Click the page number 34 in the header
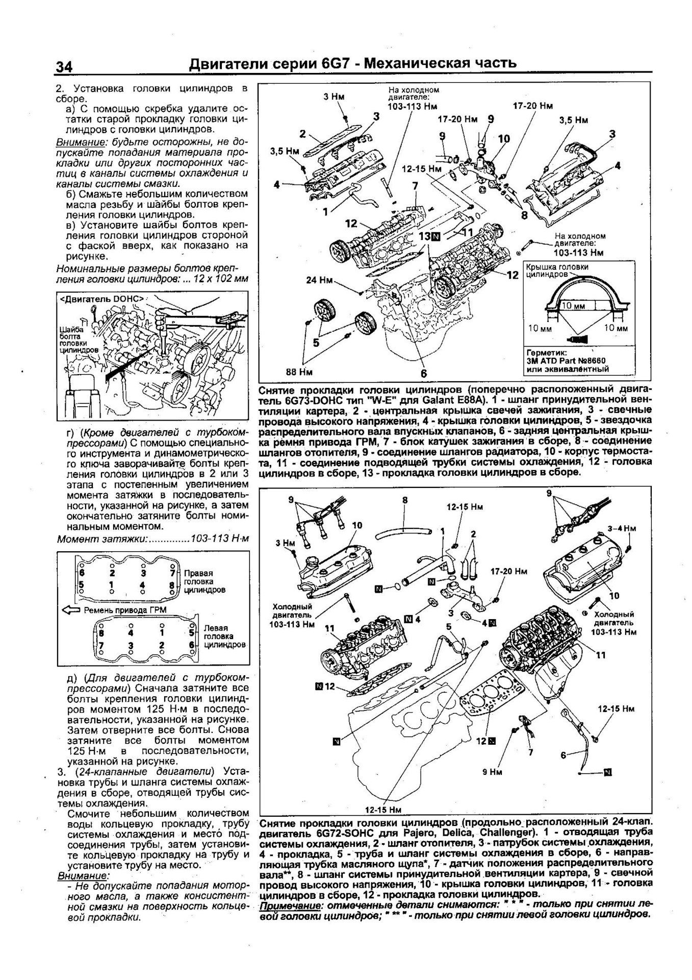pyautogui.click(x=64, y=67)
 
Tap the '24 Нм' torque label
pyautogui.click(x=319, y=280)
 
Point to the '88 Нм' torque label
pyautogui.click(x=299, y=372)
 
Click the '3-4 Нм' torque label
pyautogui.click(x=622, y=529)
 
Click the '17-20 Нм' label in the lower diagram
pyautogui.click(x=508, y=572)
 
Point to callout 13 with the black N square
pyautogui.click(x=429, y=236)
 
